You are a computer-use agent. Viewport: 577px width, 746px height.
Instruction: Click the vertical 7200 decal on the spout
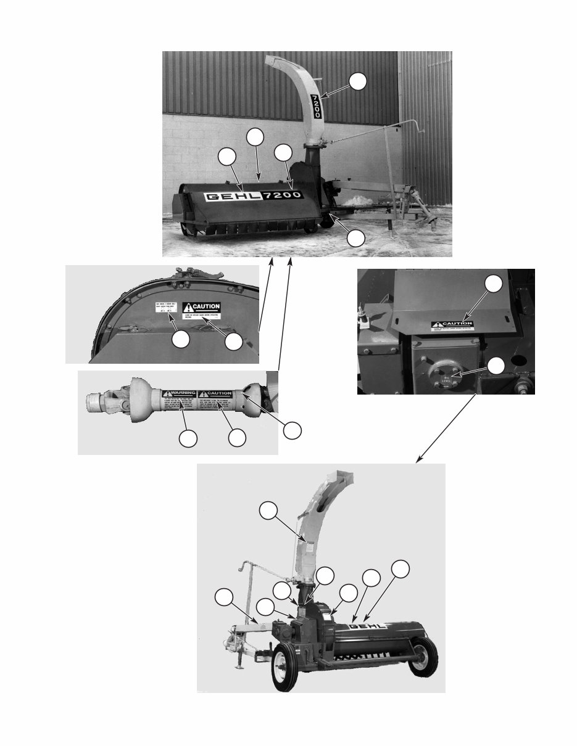315,107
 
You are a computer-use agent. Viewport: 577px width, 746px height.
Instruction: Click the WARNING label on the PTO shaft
179,393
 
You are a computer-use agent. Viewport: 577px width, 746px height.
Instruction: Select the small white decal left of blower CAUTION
164,308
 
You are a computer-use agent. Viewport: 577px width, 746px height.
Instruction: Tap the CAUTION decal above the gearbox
451,325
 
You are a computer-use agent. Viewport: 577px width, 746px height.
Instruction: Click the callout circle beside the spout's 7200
358,81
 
